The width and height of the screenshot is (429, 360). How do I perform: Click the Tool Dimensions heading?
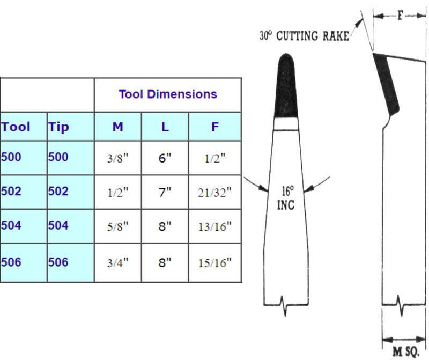click(x=168, y=94)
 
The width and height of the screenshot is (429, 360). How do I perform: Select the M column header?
click(x=117, y=127)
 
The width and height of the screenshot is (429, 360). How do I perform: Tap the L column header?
click(x=165, y=127)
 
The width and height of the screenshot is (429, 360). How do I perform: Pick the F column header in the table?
click(x=215, y=127)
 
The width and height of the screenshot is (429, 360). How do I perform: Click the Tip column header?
click(x=58, y=127)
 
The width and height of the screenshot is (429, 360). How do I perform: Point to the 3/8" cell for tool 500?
click(x=117, y=158)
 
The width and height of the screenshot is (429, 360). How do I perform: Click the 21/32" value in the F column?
click(x=215, y=193)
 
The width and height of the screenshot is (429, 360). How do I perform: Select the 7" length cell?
click(x=165, y=193)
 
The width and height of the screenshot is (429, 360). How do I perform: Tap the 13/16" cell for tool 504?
click(x=215, y=227)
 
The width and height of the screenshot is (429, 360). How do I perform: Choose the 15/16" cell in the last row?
click(x=215, y=263)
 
